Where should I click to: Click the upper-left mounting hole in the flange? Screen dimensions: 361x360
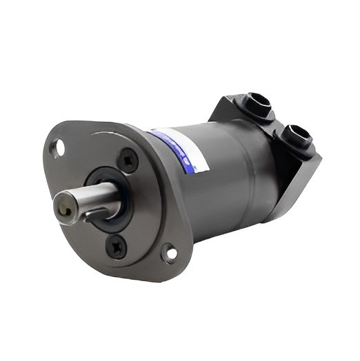(x=60, y=147)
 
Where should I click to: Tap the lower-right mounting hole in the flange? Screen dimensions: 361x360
(x=168, y=254)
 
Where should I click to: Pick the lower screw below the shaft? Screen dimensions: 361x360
(x=114, y=244)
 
